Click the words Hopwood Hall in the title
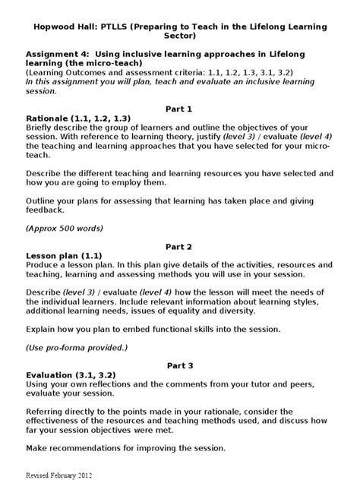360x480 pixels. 62,27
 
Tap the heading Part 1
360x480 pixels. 179,109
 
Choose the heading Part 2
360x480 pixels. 179,247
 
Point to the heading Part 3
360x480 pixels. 179,365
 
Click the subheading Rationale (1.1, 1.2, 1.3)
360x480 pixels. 77,118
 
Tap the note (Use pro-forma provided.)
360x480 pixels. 77,346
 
